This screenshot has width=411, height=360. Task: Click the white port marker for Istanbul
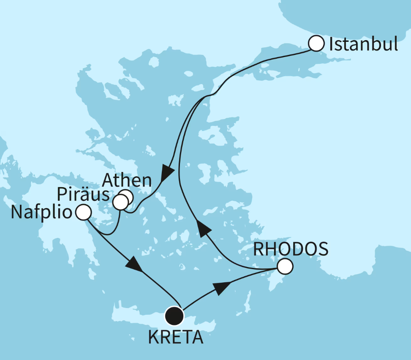click(316, 44)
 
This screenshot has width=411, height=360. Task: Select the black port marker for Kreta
click(174, 315)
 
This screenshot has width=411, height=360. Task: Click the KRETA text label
click(175, 338)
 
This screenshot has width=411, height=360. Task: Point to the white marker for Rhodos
click(285, 267)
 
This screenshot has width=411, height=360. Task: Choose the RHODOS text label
click(291, 249)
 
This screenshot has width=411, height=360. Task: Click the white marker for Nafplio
click(84, 212)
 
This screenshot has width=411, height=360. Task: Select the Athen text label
click(127, 180)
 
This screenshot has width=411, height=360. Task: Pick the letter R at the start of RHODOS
click(259, 249)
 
